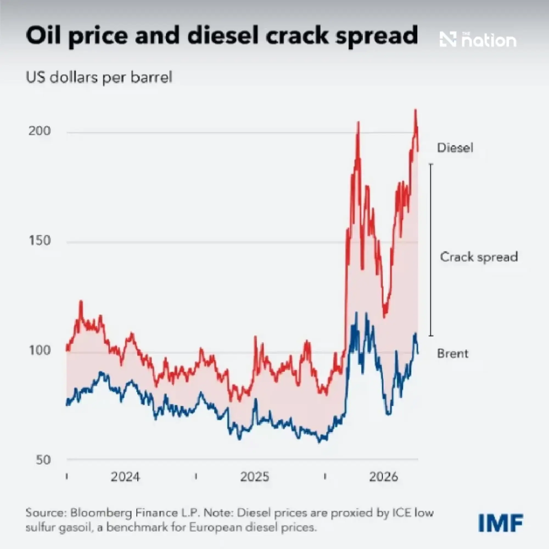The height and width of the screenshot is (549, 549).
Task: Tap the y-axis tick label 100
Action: [40, 350]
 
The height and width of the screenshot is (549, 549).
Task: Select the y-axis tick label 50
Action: [43, 460]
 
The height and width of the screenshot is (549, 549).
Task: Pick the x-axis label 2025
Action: [254, 477]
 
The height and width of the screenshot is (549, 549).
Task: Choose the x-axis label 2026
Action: [384, 477]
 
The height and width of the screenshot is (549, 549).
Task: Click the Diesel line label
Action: [455, 148]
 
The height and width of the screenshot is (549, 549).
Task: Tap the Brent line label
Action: [453, 354]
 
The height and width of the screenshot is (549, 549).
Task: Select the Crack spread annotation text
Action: [479, 257]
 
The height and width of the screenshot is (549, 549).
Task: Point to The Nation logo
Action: [478, 40]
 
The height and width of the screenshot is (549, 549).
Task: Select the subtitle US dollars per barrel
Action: [99, 77]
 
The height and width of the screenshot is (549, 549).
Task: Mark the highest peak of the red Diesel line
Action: [415, 110]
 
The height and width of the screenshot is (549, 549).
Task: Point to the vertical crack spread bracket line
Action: [431, 250]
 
